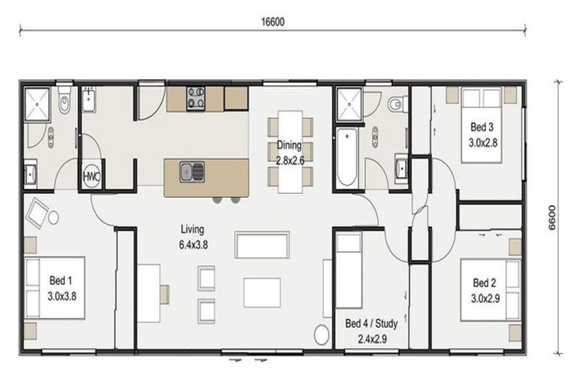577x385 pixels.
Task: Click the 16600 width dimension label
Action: [x=273, y=22]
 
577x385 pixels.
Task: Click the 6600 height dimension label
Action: [x=552, y=217]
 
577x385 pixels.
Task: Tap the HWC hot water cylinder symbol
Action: [x=91, y=176]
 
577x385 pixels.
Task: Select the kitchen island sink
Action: [x=192, y=172]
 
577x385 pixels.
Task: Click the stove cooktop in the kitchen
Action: [x=196, y=99]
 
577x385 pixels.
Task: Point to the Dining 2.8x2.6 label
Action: [x=289, y=153]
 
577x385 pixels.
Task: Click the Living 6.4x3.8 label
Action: [x=193, y=237]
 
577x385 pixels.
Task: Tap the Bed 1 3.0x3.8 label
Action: [x=62, y=288]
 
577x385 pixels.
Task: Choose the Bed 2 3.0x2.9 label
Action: [x=485, y=291]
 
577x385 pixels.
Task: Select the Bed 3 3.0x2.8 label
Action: [x=482, y=135]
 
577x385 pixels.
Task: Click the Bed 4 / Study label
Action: [x=371, y=323]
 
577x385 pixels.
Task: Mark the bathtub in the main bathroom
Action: [x=346, y=157]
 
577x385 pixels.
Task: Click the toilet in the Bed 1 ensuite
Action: [x=65, y=99]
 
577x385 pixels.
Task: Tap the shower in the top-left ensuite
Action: [x=37, y=105]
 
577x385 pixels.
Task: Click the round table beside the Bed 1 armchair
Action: [x=54, y=218]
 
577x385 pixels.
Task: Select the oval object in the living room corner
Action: [x=322, y=335]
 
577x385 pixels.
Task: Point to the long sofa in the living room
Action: [x=262, y=245]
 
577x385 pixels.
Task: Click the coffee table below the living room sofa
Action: [x=262, y=293]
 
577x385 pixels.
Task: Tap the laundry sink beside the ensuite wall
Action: [x=89, y=99]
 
